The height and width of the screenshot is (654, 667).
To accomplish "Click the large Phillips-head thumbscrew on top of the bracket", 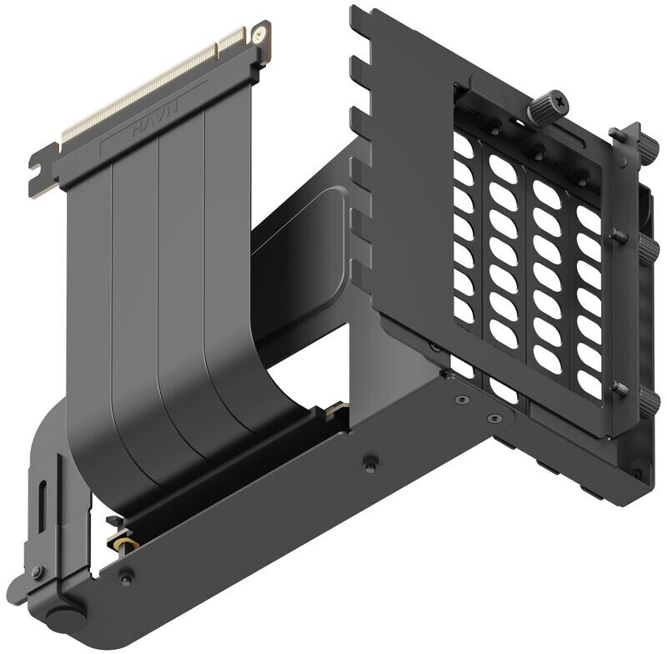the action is pyautogui.click(x=548, y=106).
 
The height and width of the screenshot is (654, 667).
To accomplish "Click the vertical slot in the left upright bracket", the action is pyautogui.click(x=43, y=507).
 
